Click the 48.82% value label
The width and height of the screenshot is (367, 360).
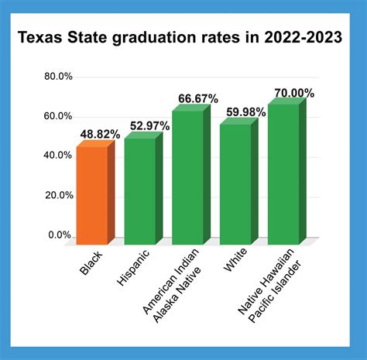[x=99, y=134]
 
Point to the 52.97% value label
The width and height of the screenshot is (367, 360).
[x=147, y=126]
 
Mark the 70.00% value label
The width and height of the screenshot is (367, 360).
[x=292, y=93]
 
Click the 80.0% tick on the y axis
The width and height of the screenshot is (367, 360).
[x=58, y=76]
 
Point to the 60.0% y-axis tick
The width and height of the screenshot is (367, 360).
[x=58, y=116]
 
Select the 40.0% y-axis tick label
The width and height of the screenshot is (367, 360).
[x=58, y=156]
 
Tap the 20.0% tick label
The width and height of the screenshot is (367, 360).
[x=58, y=195]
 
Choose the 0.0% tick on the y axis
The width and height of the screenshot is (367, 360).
[x=60, y=235]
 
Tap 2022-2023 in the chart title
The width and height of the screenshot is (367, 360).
[x=300, y=37]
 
